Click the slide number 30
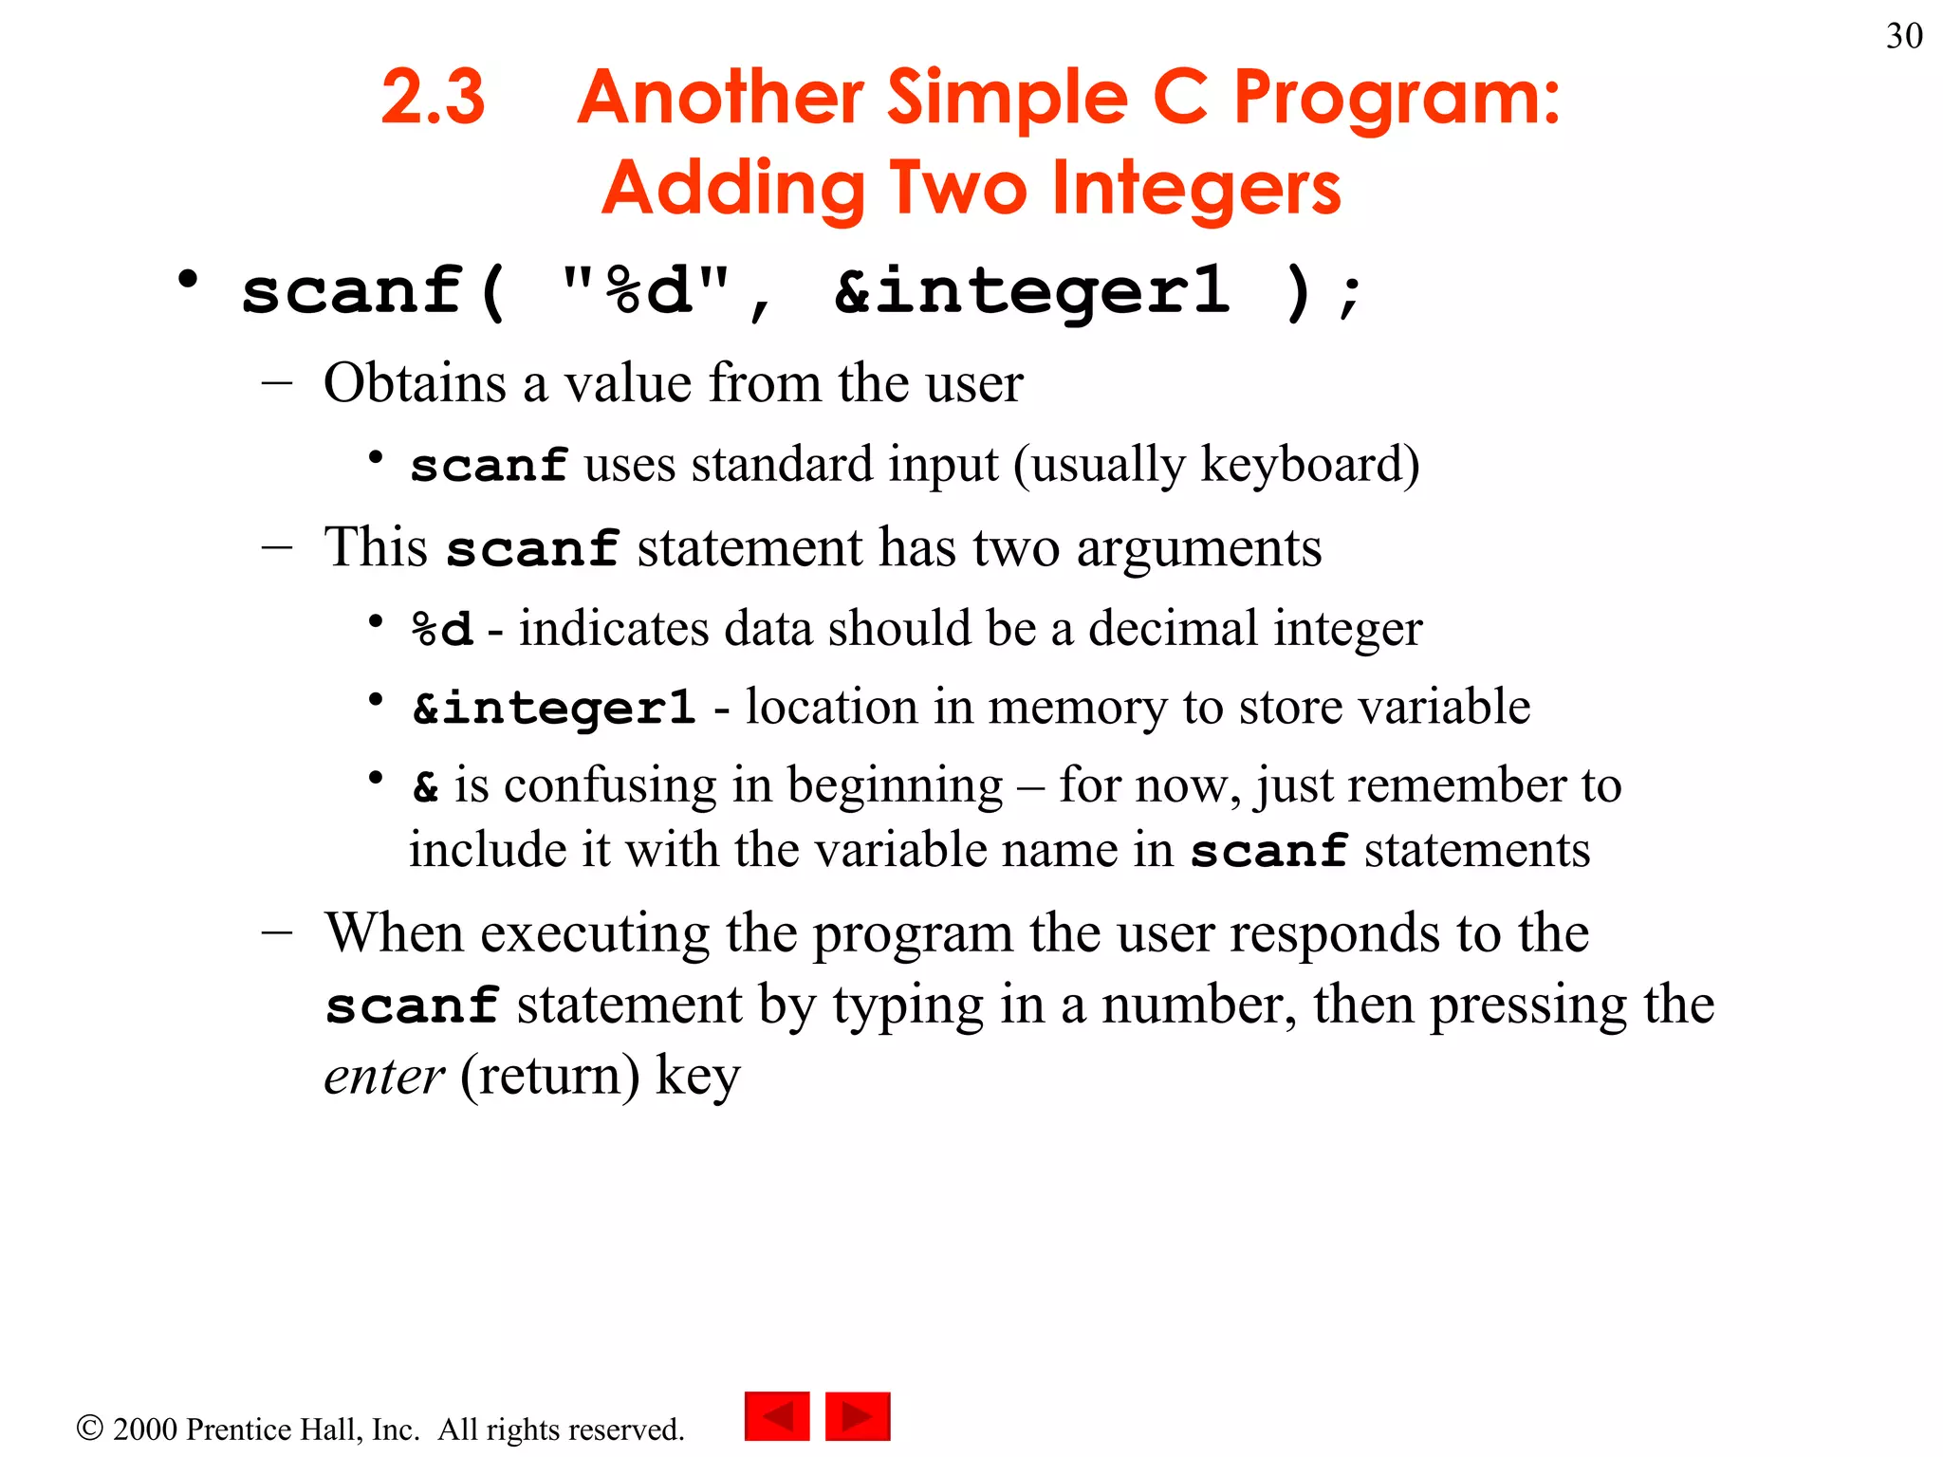click(x=1903, y=36)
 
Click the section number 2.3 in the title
click(x=433, y=97)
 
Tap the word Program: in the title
click(x=1396, y=99)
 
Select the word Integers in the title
click(x=1196, y=189)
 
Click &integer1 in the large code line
click(x=1031, y=291)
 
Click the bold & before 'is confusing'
click(x=425, y=786)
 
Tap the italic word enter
click(x=383, y=1077)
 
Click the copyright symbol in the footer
click(x=89, y=1428)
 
